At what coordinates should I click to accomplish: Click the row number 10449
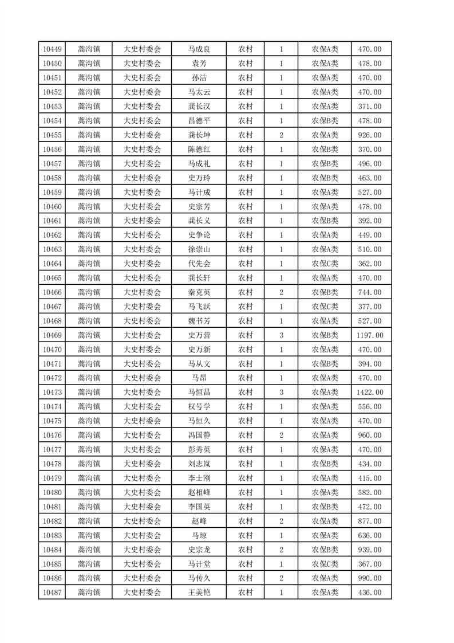(x=52, y=49)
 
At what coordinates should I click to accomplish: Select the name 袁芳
(x=199, y=64)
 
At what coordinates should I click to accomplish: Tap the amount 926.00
(x=370, y=135)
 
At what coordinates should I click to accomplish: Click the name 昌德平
(x=199, y=121)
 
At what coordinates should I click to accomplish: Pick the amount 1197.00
(x=370, y=335)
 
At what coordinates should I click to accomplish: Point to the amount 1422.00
(x=370, y=393)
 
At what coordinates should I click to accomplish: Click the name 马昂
(x=199, y=378)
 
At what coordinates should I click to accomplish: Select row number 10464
(x=52, y=264)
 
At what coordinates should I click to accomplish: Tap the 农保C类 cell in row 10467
(x=325, y=307)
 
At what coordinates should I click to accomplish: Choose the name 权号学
(x=199, y=407)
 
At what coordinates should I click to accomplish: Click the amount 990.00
(x=370, y=578)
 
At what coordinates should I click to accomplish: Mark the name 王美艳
(x=199, y=593)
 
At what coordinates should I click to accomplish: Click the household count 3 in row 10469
(x=281, y=335)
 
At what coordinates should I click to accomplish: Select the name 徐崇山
(x=199, y=249)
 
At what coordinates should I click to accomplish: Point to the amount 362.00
(x=370, y=264)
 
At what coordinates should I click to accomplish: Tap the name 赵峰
(x=199, y=521)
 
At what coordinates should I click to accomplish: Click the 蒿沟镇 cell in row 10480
(x=89, y=492)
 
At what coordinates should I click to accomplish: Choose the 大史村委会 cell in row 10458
(x=143, y=178)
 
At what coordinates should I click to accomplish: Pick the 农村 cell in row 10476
(x=246, y=436)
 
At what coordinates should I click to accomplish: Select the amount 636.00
(x=370, y=535)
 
